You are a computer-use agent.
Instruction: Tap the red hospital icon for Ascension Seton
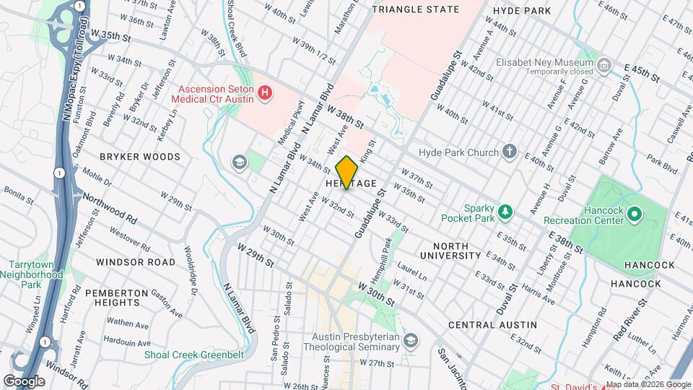point(266,92)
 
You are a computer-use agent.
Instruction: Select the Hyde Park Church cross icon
point(510,152)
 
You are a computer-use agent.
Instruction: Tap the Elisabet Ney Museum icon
point(604,66)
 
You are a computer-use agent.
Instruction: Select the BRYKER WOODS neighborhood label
point(140,157)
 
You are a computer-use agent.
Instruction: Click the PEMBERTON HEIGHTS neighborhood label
point(117,293)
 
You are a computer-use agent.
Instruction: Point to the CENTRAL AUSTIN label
point(492,325)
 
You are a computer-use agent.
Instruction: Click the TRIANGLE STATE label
point(415,9)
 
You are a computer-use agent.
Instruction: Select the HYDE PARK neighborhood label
point(522,10)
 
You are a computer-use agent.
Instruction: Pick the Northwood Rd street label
point(110,207)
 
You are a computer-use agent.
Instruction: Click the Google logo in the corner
point(24,381)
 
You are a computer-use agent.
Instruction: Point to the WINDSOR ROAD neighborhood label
point(136,261)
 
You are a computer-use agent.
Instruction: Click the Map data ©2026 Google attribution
point(648,384)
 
